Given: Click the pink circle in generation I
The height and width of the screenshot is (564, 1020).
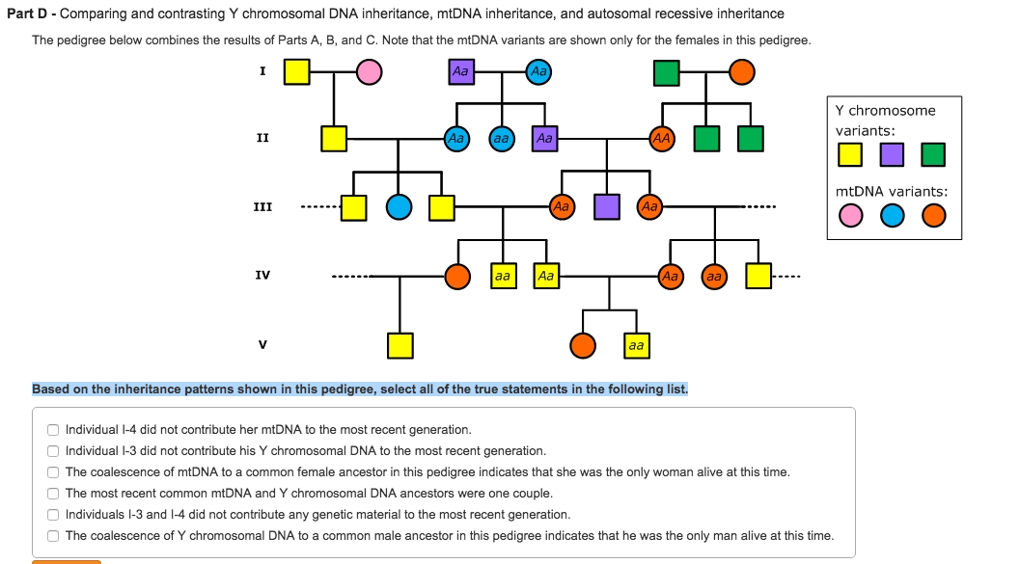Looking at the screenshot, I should click(x=369, y=72).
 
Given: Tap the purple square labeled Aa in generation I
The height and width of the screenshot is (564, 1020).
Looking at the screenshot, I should click(x=461, y=72).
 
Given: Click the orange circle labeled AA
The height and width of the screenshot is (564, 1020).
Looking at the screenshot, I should click(x=661, y=139).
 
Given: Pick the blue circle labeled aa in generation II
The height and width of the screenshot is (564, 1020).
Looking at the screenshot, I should click(x=501, y=139).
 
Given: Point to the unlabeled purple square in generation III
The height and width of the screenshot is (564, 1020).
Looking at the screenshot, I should click(x=606, y=206).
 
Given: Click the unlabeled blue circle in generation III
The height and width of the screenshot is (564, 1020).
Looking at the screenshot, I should click(x=399, y=206).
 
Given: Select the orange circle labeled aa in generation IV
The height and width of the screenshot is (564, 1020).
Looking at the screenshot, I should click(x=713, y=276).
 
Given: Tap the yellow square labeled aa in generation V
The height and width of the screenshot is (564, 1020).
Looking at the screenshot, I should click(x=635, y=344).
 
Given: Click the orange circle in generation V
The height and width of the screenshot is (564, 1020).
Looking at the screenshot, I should click(x=583, y=344).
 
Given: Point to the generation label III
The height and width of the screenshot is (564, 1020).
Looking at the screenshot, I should click(x=262, y=206).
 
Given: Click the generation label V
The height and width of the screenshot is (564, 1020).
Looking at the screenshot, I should click(x=262, y=344).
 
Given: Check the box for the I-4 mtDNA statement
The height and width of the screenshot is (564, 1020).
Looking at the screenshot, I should click(x=53, y=430).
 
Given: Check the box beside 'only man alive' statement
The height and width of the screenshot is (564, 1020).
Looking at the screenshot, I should click(x=53, y=536).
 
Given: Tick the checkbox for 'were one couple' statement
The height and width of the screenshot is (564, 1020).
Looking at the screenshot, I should click(x=53, y=494).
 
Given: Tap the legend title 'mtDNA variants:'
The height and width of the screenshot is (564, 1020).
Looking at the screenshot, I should click(x=891, y=192).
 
